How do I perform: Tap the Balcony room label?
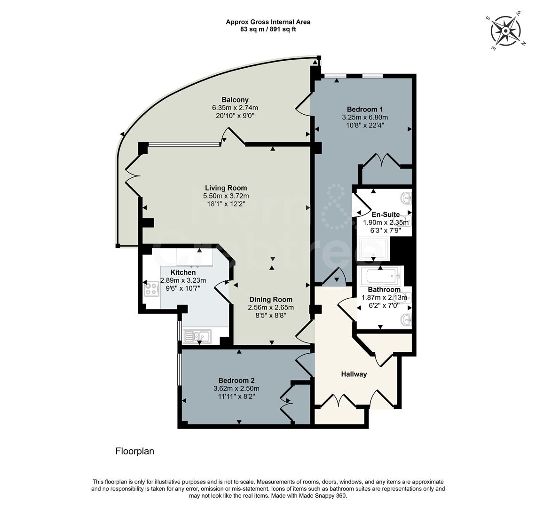[235, 100]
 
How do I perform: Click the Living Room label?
[225, 188]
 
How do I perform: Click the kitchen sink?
[198, 336]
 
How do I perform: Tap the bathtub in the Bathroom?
[379, 276]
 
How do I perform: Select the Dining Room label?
[270, 300]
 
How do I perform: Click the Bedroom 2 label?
[236, 381]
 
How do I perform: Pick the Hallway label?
[354, 374]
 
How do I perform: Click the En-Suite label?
[386, 214]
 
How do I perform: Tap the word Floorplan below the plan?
[134, 452]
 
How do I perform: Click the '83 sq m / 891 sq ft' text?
[268, 29]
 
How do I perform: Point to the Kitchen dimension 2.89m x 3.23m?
[183, 280]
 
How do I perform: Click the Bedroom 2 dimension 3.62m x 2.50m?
[236, 389]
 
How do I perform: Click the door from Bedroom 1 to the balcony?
[304, 104]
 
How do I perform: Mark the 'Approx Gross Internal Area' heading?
[268, 22]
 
